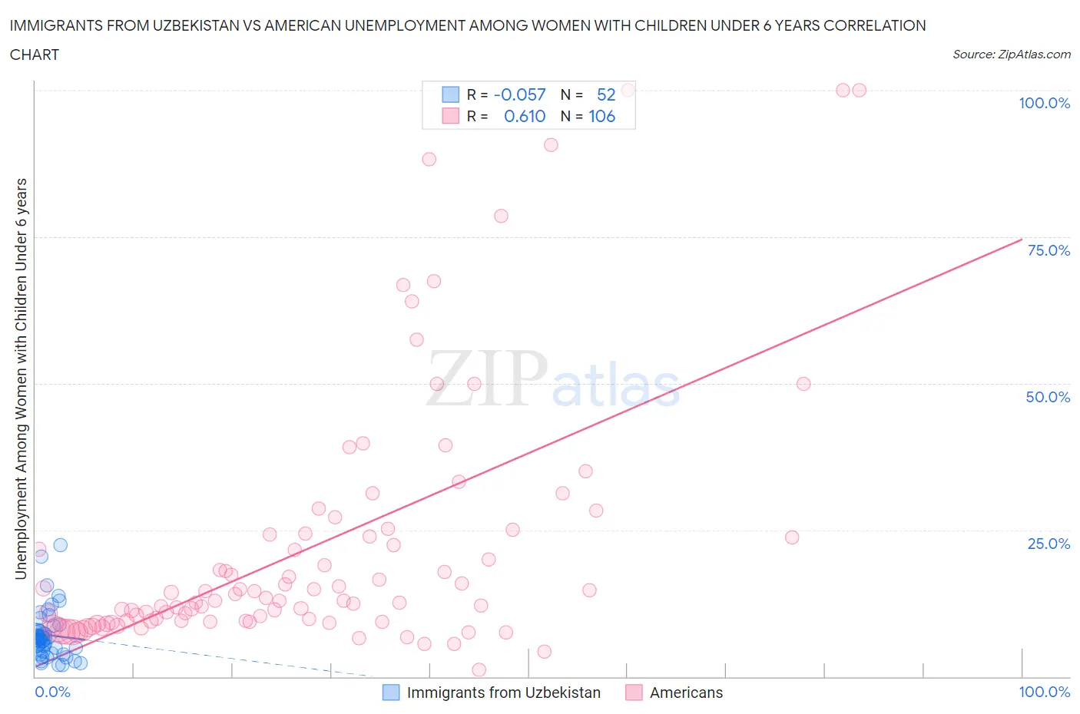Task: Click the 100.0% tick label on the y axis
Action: [1044, 103]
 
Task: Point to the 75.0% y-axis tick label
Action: [1048, 250]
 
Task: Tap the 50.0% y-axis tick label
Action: [1048, 397]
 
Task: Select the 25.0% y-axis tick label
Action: [1048, 544]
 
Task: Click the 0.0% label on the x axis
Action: [52, 692]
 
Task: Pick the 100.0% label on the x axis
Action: [1044, 692]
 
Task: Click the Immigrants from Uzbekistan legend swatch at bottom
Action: [391, 693]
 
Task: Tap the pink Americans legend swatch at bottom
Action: [634, 693]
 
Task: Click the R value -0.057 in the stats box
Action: [519, 94]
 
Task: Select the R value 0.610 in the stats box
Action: [524, 116]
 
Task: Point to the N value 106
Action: [601, 116]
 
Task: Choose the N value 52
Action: [606, 94]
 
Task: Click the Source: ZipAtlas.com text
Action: [1011, 55]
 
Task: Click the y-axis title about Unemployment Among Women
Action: [22, 378]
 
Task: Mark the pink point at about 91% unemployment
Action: [551, 145]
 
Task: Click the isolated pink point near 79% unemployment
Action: [501, 216]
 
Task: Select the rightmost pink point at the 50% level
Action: [803, 384]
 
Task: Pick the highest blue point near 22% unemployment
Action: [60, 545]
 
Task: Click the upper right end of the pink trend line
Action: [1021, 238]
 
